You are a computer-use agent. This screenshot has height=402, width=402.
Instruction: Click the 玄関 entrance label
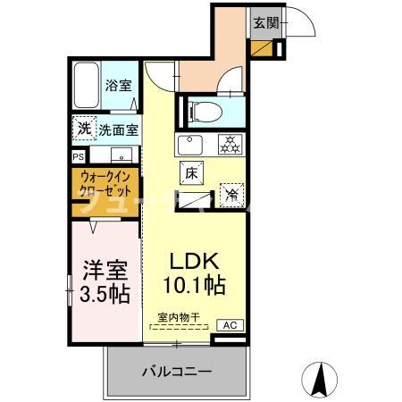click(x=265, y=23)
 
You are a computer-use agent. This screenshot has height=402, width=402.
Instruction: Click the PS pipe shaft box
click(x=78, y=154)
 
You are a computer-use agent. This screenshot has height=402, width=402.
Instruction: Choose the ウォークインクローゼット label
click(x=106, y=183)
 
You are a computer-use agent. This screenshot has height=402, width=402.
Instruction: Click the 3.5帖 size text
click(x=104, y=293)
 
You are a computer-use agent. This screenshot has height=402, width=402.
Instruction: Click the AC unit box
click(x=230, y=325)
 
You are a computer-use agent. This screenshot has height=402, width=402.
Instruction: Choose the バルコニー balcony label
click(x=177, y=372)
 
